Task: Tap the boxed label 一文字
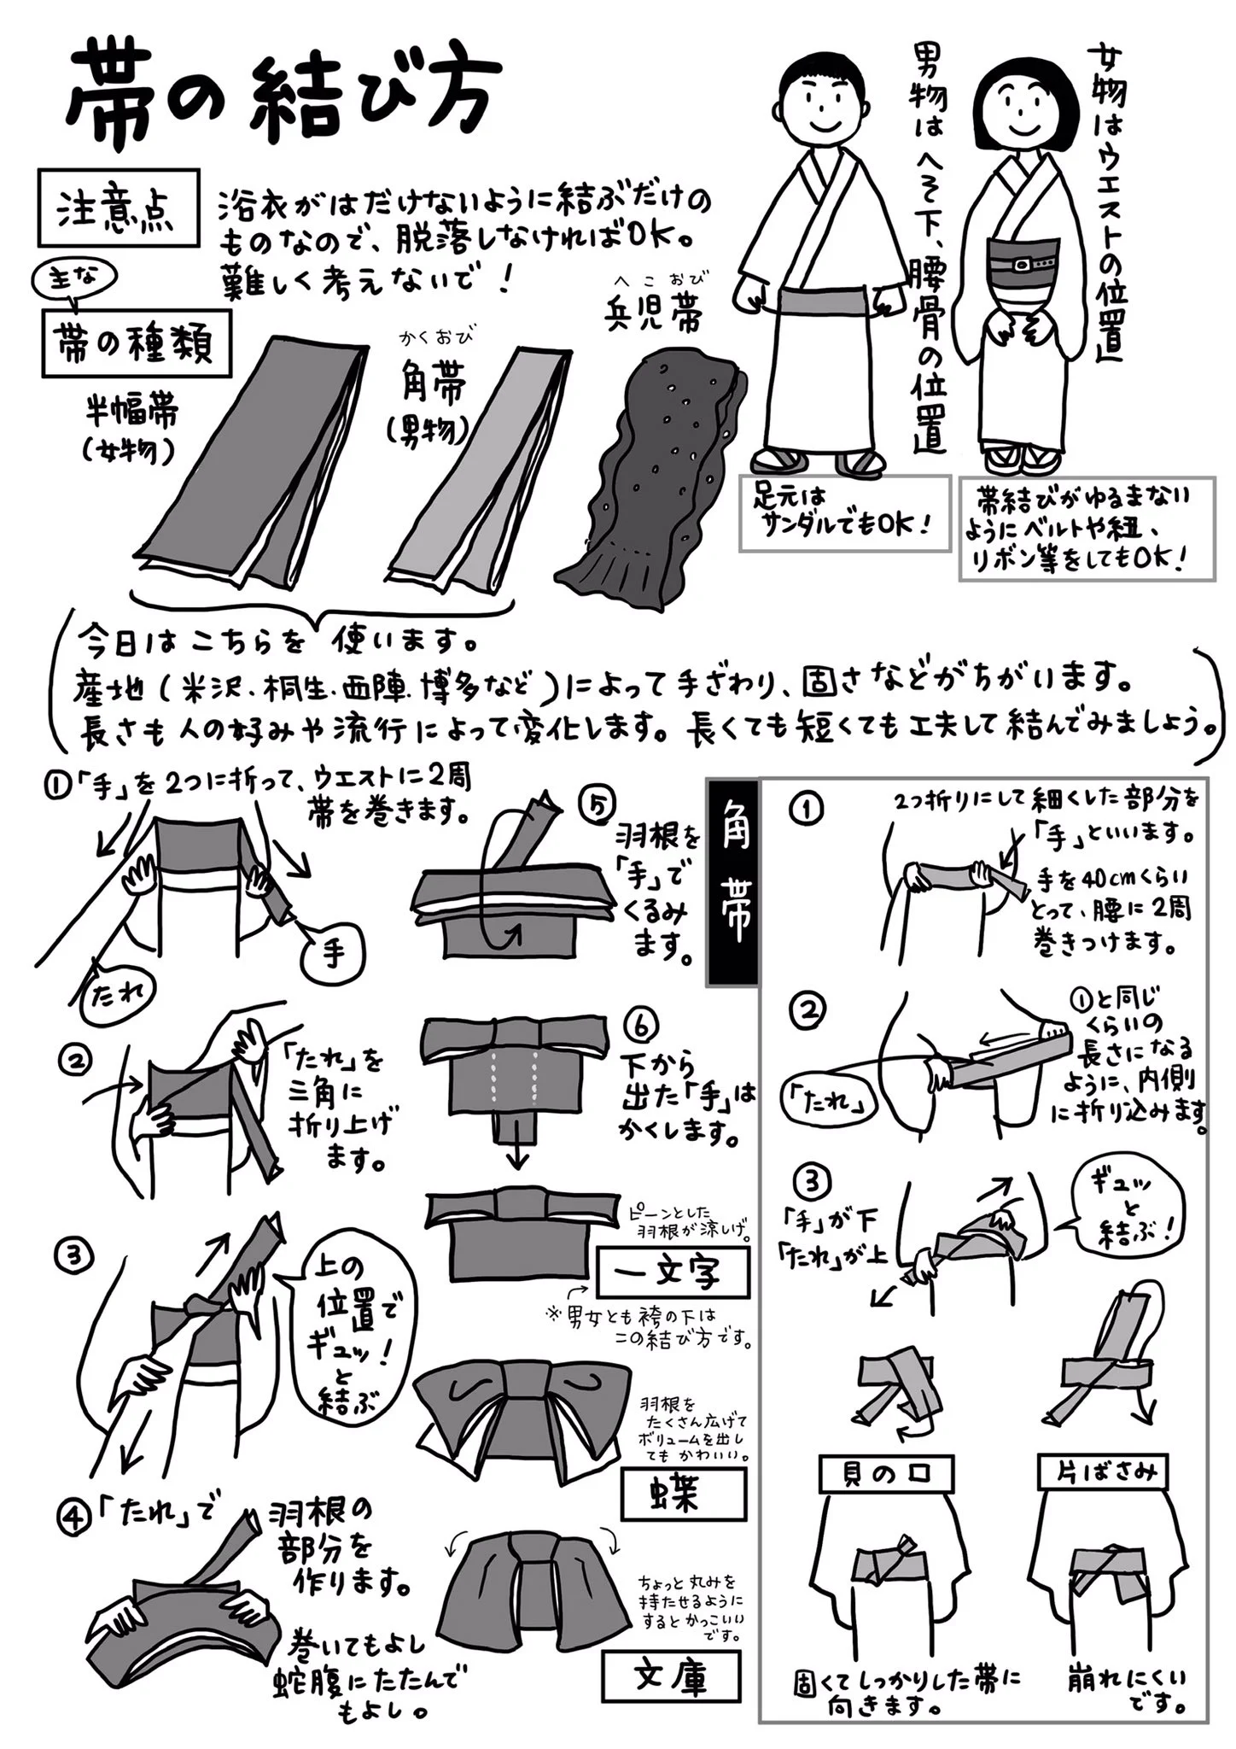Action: [x=673, y=1273]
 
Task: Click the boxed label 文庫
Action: [x=670, y=1676]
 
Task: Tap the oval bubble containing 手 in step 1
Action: [x=332, y=951]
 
